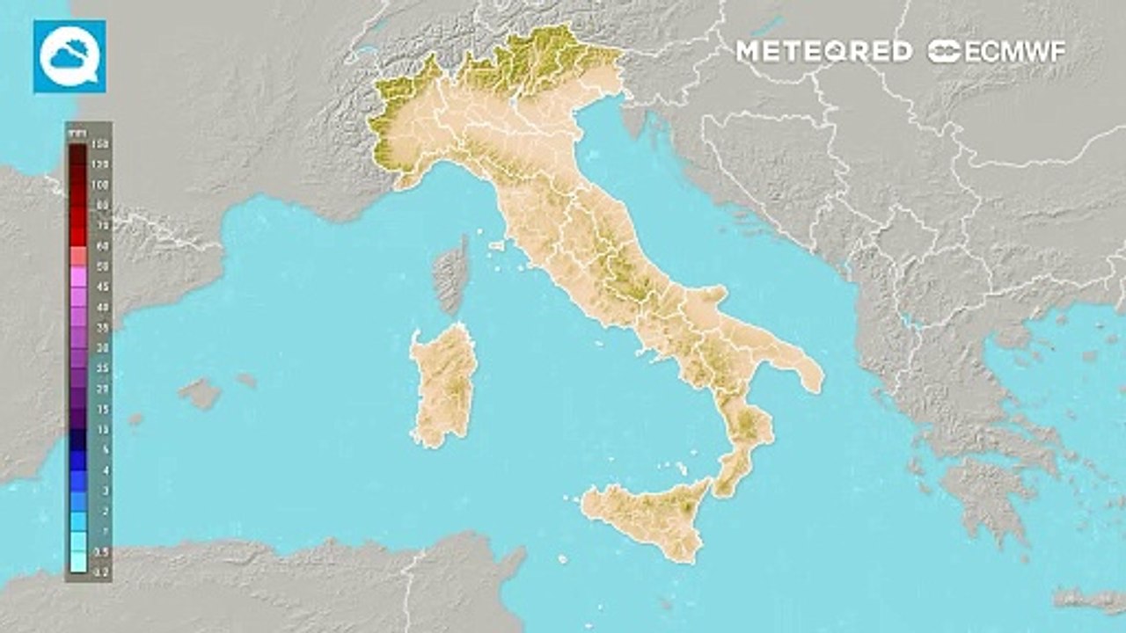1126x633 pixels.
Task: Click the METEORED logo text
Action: click(823, 51)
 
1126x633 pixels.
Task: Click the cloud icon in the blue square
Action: click(69, 56)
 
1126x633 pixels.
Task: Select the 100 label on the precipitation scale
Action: click(99, 186)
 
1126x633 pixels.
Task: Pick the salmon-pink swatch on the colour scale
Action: click(77, 256)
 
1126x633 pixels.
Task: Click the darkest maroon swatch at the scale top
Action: click(77, 155)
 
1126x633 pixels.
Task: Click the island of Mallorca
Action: click(201, 393)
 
